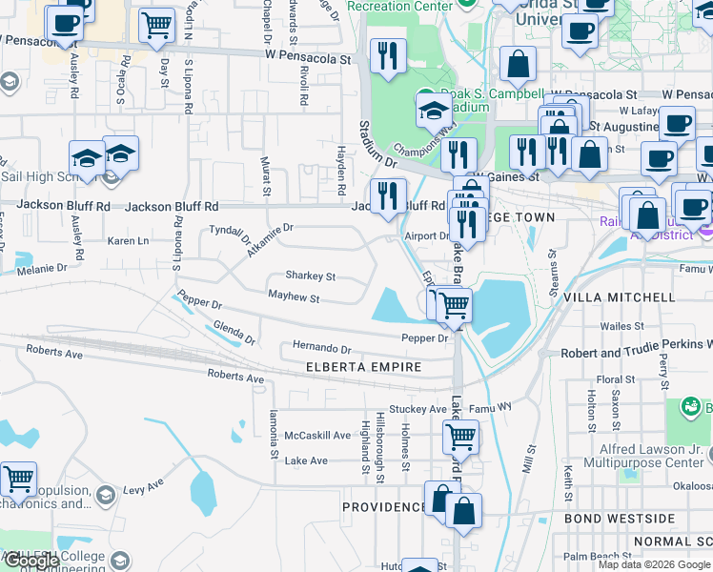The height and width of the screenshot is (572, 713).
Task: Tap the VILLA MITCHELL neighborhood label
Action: (619, 298)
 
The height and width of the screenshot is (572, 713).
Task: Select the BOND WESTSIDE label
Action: (620, 520)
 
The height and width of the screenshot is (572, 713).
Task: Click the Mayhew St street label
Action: (293, 298)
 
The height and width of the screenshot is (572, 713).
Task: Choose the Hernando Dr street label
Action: (321, 350)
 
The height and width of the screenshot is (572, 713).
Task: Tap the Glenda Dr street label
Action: (234, 333)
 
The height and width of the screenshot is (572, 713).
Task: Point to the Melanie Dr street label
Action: (39, 270)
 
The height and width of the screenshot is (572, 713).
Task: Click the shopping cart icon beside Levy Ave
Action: (17, 479)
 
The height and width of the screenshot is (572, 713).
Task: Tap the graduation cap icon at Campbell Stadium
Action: (434, 110)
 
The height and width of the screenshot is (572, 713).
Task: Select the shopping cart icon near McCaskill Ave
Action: (460, 437)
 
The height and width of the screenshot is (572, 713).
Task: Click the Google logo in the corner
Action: (31, 562)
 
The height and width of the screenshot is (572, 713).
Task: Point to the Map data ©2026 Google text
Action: (653, 564)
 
